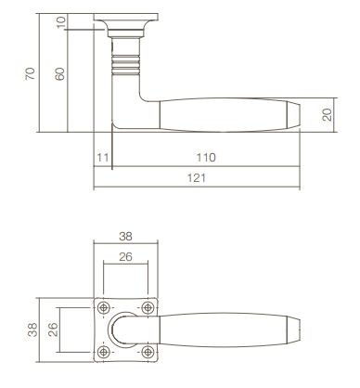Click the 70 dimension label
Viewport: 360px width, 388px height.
click(30, 73)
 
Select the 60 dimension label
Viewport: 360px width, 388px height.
click(59, 74)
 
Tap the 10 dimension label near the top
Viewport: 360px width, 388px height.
click(61, 22)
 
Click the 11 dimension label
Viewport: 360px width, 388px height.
click(103, 158)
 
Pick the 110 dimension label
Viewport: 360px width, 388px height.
click(206, 158)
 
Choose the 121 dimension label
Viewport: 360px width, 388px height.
click(197, 178)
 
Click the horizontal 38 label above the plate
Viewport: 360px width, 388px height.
click(125, 237)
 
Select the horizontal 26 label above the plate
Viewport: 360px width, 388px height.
click(125, 257)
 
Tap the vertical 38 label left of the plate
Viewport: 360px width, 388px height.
click(32, 330)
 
